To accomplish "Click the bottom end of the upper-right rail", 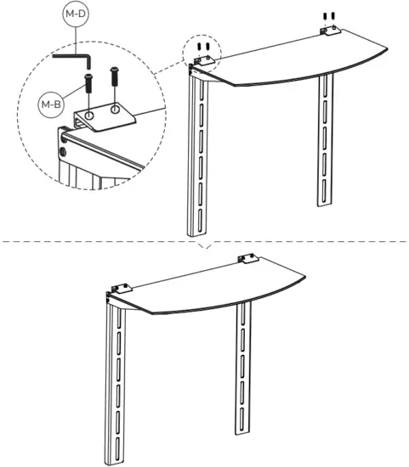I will tap(327, 203).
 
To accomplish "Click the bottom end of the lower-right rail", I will tap(243, 430).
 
